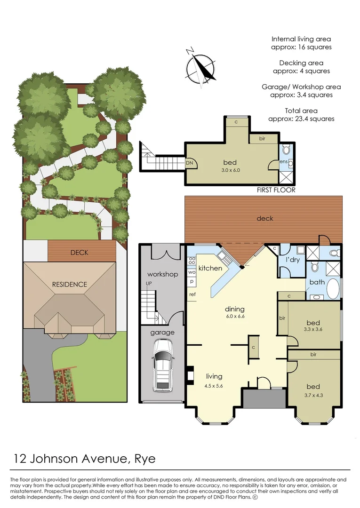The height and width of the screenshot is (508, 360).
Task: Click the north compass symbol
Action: tap(201, 68)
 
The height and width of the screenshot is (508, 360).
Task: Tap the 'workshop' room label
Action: tap(162, 274)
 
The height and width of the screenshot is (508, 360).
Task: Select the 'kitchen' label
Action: tap(210, 268)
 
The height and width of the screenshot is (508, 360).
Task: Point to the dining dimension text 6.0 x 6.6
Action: tap(234, 317)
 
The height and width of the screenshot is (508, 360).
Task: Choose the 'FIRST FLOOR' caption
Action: tap(276, 190)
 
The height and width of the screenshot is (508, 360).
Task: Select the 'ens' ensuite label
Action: tap(283, 161)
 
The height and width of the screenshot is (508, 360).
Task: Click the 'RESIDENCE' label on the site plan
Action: tap(70, 284)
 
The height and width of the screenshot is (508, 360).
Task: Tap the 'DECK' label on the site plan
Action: tap(79, 252)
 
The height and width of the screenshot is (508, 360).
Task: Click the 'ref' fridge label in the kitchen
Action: tap(192, 294)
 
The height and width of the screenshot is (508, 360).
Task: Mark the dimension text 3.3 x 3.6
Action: tap(313, 330)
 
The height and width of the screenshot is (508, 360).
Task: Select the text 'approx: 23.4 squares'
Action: tap(301, 119)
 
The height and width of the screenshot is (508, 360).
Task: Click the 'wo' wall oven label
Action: tap(192, 272)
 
